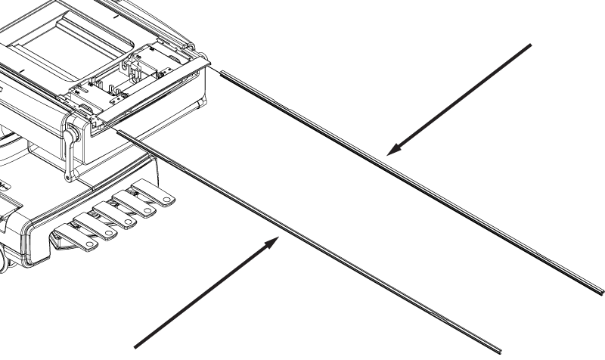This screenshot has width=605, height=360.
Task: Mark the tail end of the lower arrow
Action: [x=137, y=349]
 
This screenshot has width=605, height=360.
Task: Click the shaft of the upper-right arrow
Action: [x=461, y=98]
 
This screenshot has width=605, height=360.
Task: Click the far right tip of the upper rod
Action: [x=601, y=291]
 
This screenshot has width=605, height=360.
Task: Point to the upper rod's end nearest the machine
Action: [x=221, y=73]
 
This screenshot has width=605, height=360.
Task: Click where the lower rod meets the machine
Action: [x=121, y=131]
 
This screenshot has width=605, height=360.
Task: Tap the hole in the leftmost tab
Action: [x=88, y=246]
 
